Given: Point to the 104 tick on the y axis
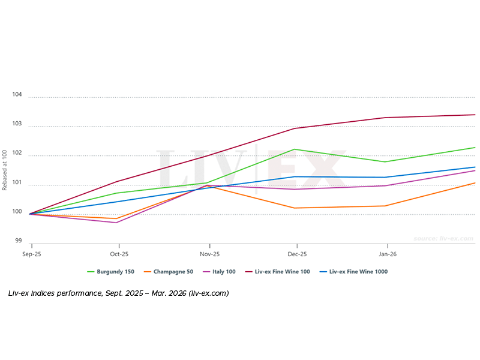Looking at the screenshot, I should pos(17,95).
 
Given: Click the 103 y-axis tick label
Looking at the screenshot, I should pos(17,124).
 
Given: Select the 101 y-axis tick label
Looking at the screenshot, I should pos(17,183).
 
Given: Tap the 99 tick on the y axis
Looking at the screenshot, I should pos(18,241).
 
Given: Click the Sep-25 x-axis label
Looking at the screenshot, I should pos(32,254).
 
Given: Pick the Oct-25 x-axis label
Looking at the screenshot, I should pos(119,254).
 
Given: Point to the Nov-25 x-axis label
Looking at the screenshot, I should pos(209,254).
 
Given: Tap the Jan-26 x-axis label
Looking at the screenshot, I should pos(387,254).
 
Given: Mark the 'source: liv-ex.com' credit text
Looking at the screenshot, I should pos(443,239).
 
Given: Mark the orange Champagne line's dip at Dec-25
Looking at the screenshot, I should pos(295,208).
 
